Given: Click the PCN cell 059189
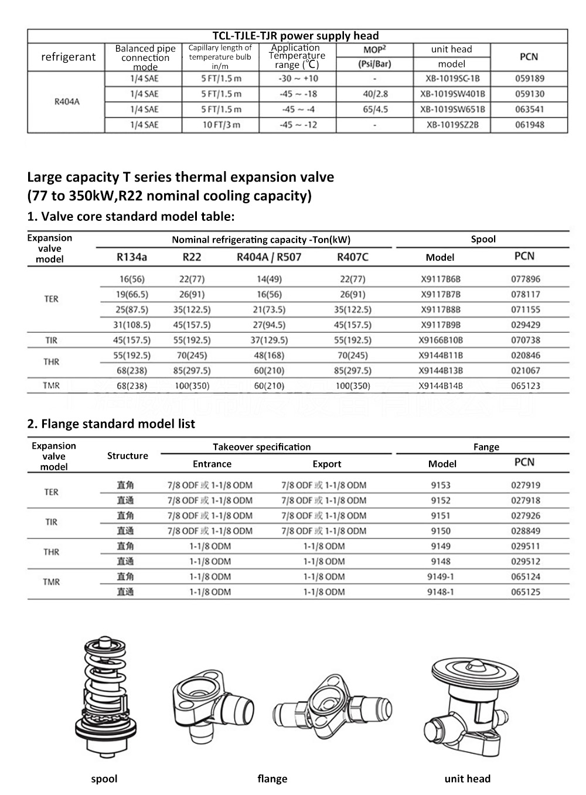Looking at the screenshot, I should pyautogui.click(x=529, y=79).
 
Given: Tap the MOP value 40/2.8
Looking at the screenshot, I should pyautogui.click(x=375, y=94).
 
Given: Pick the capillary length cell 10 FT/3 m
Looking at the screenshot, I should pyautogui.click(x=221, y=125).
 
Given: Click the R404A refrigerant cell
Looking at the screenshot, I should pyautogui.click(x=67, y=102).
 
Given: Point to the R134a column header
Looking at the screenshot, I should pyautogui.click(x=132, y=257).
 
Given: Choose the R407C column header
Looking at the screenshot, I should pyautogui.click(x=353, y=257).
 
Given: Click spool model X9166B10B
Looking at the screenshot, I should pyautogui.click(x=441, y=340).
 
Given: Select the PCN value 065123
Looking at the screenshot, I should pyautogui.click(x=526, y=386).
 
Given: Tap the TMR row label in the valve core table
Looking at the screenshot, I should pyautogui.click(x=51, y=385).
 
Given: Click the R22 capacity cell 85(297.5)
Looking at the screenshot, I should pyautogui.click(x=192, y=371).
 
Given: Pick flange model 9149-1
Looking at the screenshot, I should pyautogui.click(x=440, y=577).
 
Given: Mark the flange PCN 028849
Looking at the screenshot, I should pyautogui.click(x=526, y=531).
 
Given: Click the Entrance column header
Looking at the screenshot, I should pyautogui.click(x=212, y=464).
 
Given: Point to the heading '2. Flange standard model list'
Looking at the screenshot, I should pyautogui.click(x=111, y=424).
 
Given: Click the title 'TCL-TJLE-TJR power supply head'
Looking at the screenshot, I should pyautogui.click(x=295, y=36).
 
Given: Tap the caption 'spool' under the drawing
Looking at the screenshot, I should pyautogui.click(x=104, y=779).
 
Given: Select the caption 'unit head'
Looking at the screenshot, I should pyautogui.click(x=467, y=779).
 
